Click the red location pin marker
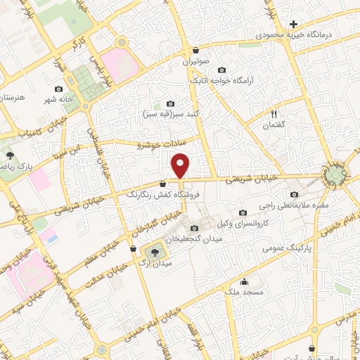pos(181,166)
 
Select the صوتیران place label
pos(197,63)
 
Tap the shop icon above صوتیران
pos(195,51)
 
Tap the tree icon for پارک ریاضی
pos(10,155)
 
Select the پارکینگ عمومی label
pos(288,249)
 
